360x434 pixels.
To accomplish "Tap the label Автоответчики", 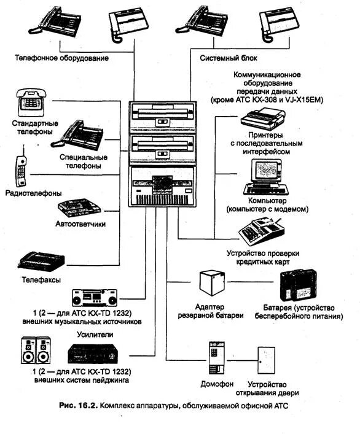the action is pyautogui.click(x=80, y=223).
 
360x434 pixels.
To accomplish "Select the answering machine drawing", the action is pyautogui.click(x=79, y=207).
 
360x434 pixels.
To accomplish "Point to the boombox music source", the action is pyautogui.click(x=95, y=298).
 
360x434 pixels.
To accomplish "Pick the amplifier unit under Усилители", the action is pyautogui.click(x=92, y=354).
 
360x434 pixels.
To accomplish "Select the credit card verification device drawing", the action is pyautogui.click(x=262, y=231).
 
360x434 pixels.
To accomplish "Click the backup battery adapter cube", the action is pyautogui.click(x=212, y=282).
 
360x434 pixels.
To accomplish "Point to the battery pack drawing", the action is pyautogui.click(x=298, y=285).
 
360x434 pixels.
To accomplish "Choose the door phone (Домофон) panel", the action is pyautogui.click(x=217, y=358).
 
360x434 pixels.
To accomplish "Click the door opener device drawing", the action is pyautogui.click(x=267, y=360).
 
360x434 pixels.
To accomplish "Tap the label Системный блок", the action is pyautogui.click(x=229, y=58).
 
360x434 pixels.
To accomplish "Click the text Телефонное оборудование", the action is pyautogui.click(x=61, y=58).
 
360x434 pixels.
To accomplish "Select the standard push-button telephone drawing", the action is pyautogui.click(x=31, y=103).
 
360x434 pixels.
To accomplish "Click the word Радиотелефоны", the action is pyautogui.click(x=34, y=193).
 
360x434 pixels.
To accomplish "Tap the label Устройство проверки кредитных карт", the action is pyautogui.click(x=263, y=257).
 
